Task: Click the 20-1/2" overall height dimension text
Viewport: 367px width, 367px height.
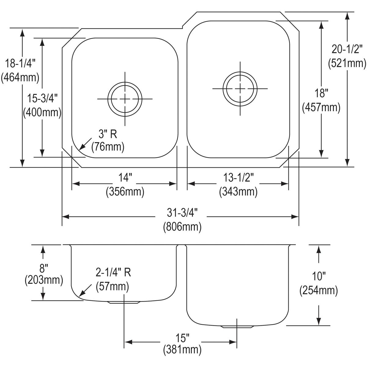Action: (x=347, y=49)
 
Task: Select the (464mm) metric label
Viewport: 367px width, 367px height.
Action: (x=20, y=77)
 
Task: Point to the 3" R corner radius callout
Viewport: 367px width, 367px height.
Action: (x=107, y=134)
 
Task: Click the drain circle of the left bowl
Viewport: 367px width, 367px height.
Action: (x=125, y=99)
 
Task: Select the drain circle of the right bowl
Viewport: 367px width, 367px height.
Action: (x=240, y=88)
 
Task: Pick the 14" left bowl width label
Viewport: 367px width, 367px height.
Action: (x=125, y=178)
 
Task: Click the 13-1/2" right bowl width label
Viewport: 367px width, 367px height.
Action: (x=238, y=178)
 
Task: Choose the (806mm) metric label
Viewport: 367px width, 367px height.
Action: (x=182, y=227)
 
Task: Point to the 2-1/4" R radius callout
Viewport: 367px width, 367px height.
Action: (x=113, y=272)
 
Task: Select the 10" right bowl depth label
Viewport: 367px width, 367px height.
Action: (x=319, y=276)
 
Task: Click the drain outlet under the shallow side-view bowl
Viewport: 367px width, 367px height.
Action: (x=124, y=302)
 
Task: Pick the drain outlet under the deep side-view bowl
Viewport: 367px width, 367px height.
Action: (x=238, y=327)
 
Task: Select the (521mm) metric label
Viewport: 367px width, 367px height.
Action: (x=347, y=63)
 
